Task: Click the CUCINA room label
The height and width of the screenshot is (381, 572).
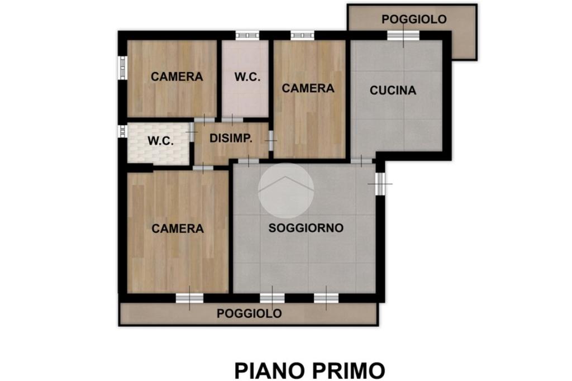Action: [x=393, y=90]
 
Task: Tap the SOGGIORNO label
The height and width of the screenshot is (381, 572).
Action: [x=306, y=228]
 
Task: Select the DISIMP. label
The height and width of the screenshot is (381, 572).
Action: [x=231, y=139]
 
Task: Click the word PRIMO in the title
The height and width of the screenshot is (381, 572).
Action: [x=349, y=371]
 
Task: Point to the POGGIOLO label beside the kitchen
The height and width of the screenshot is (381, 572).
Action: [x=414, y=20]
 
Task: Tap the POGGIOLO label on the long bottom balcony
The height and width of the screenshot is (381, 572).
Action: [x=249, y=313]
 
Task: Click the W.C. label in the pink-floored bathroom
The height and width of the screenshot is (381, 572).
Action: [x=247, y=77]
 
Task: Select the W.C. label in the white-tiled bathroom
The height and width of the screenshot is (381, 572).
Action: [x=160, y=141]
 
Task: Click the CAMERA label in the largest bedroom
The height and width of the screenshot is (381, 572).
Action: [x=178, y=228]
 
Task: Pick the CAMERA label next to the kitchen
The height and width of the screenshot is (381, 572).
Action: [x=308, y=88]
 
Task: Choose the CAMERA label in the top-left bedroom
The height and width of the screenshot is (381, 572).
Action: [x=177, y=77]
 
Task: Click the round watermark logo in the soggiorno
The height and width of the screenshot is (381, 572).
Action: [x=286, y=190]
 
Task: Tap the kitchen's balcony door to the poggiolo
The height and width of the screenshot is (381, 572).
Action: [x=403, y=35]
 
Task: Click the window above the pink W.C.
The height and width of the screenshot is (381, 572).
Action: [x=247, y=35]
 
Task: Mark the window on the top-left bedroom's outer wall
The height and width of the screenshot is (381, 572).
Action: [x=122, y=68]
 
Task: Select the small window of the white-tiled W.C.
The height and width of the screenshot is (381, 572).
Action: [x=122, y=131]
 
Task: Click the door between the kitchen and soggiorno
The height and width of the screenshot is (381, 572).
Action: [x=361, y=160]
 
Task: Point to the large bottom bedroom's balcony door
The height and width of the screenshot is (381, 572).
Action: [x=189, y=298]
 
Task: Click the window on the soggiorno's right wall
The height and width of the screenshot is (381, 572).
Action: [x=380, y=184]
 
